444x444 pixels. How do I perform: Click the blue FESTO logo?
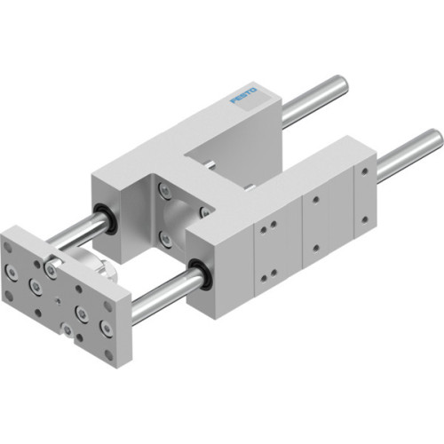(x=245, y=94)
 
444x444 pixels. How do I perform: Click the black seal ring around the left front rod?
(x=106, y=212)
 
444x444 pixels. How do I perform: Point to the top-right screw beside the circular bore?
(x=203, y=211)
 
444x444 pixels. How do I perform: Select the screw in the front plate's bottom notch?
(x=66, y=331)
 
